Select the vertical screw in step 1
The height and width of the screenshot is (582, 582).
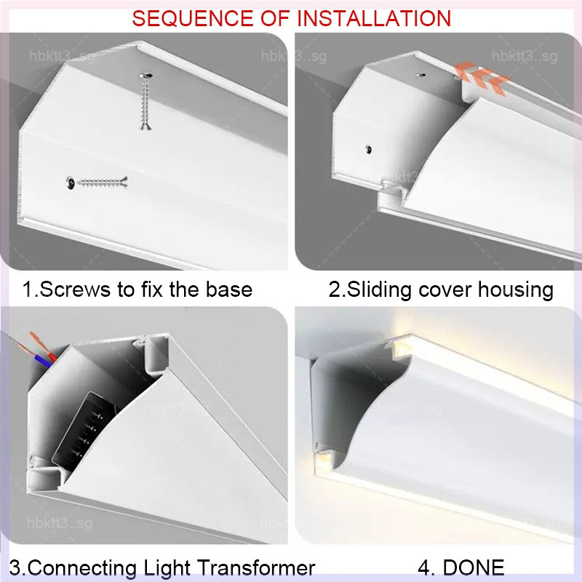click(x=145, y=101)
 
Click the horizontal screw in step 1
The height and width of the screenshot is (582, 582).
click(x=97, y=183)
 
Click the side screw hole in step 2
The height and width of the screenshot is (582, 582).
click(x=369, y=150)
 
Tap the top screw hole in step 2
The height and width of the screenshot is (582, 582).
click(x=421, y=75)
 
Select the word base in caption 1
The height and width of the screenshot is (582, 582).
click(x=229, y=290)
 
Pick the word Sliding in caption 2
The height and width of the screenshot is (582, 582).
click(x=379, y=290)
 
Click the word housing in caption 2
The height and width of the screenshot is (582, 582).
click(x=516, y=290)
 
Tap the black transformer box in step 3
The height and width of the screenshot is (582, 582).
click(x=84, y=431)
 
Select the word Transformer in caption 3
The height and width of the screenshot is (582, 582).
click(x=256, y=567)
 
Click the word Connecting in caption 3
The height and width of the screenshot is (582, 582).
click(x=82, y=568)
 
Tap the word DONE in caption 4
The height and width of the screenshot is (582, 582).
click(x=474, y=567)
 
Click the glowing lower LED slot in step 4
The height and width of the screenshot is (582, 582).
click(x=323, y=461)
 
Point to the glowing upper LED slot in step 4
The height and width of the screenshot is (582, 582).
click(x=400, y=349)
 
